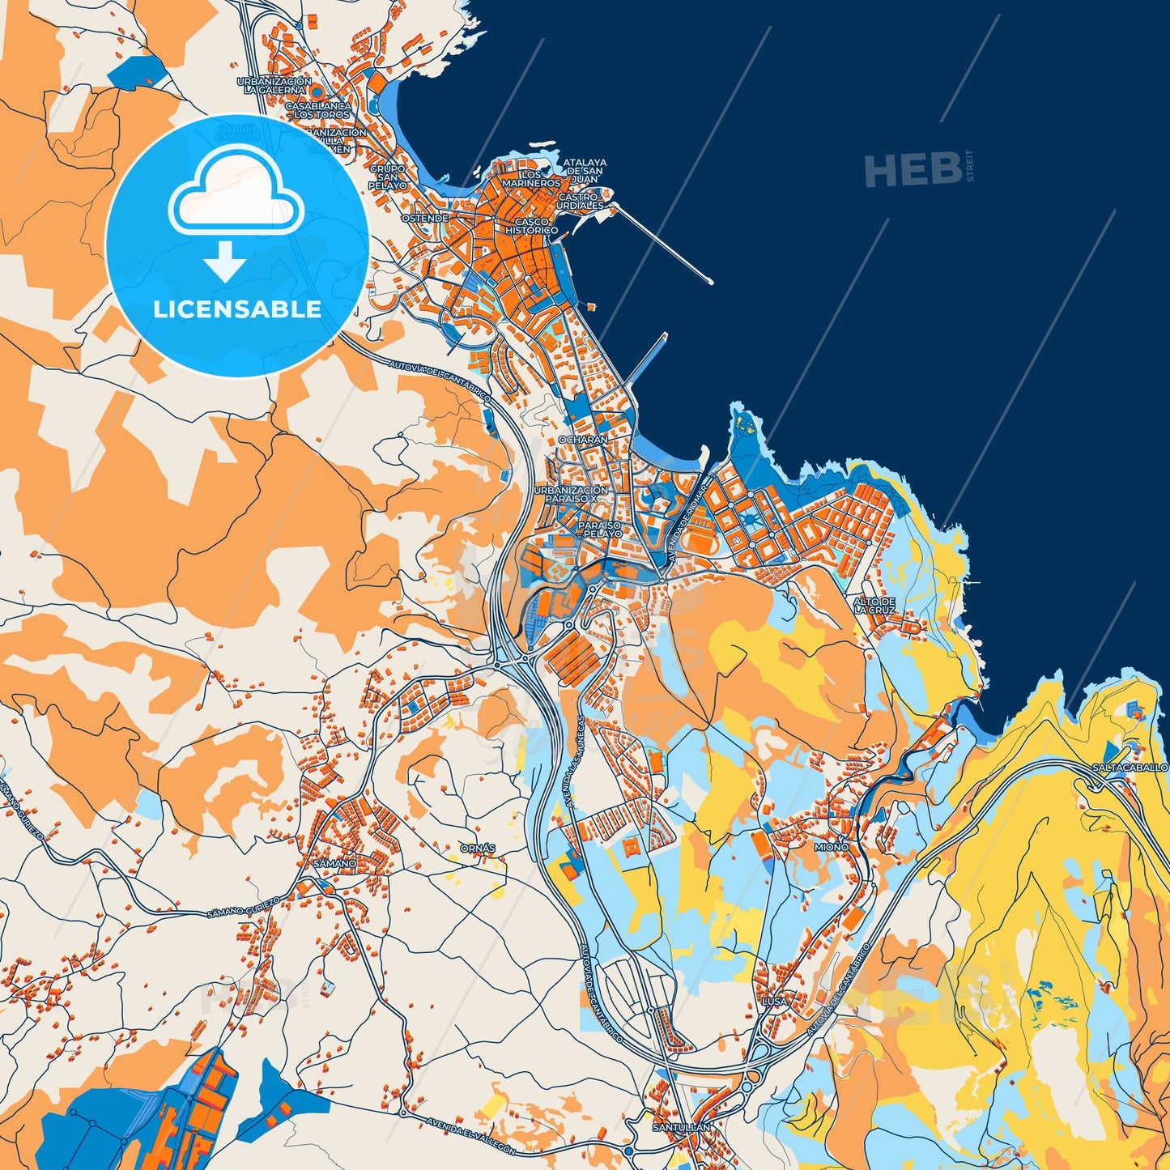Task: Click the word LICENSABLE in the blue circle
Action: pyautogui.click(x=237, y=309)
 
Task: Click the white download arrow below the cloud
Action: pyautogui.click(x=225, y=261)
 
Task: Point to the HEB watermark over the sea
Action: pyautogui.click(x=913, y=169)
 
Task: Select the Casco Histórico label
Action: pyautogui.click(x=532, y=226)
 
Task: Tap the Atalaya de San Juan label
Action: pyautogui.click(x=585, y=167)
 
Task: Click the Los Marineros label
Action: pyautogui.click(x=531, y=179)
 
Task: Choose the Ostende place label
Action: pyautogui.click(x=425, y=219)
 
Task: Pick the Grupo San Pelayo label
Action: pyautogui.click(x=388, y=177)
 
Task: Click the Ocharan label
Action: pyautogui.click(x=583, y=440)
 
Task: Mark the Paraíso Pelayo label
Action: pyautogui.click(x=600, y=530)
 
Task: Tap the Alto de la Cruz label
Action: pyautogui.click(x=874, y=606)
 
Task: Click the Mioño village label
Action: pyautogui.click(x=832, y=846)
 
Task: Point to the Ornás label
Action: pyautogui.click(x=477, y=848)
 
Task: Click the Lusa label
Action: pyautogui.click(x=774, y=1001)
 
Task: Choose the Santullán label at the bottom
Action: pyautogui.click(x=681, y=1127)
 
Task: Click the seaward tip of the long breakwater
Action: pyautogui.click(x=710, y=282)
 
